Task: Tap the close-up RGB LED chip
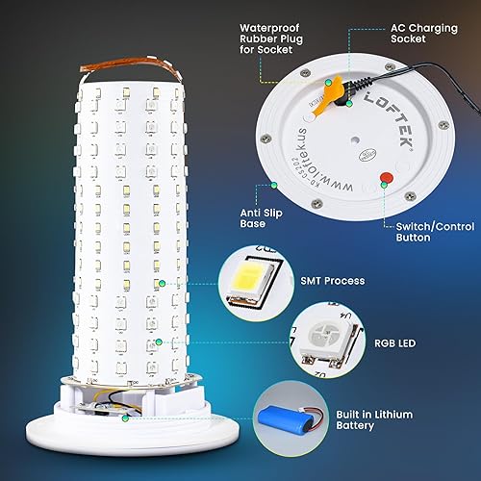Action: (x=326, y=339)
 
